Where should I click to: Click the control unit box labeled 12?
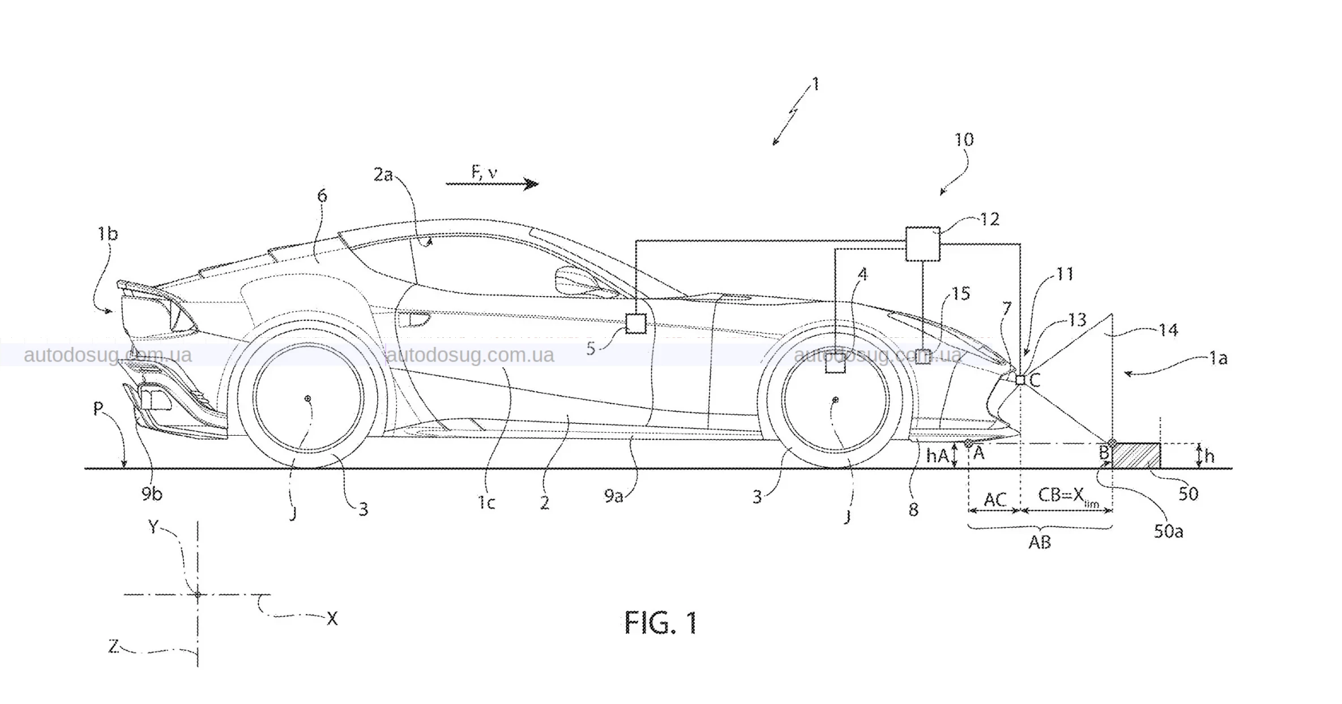(922, 244)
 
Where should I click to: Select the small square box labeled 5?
(636, 323)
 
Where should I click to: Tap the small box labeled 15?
(922, 356)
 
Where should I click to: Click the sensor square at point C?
(1020, 380)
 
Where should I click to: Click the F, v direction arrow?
(492, 183)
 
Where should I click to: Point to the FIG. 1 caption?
(661, 623)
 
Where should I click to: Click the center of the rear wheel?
(308, 399)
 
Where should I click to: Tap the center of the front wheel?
(835, 401)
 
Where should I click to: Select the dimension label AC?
(995, 499)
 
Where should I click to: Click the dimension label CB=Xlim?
(1067, 496)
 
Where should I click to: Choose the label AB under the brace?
(1040, 542)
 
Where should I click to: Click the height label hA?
(937, 456)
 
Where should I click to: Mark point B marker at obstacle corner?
(1112, 443)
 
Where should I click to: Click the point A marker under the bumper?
(969, 443)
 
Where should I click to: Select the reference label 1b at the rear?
(107, 234)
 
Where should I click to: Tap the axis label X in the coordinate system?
(332, 619)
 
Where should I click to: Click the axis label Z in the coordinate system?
(113, 646)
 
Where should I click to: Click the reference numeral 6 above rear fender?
(322, 196)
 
